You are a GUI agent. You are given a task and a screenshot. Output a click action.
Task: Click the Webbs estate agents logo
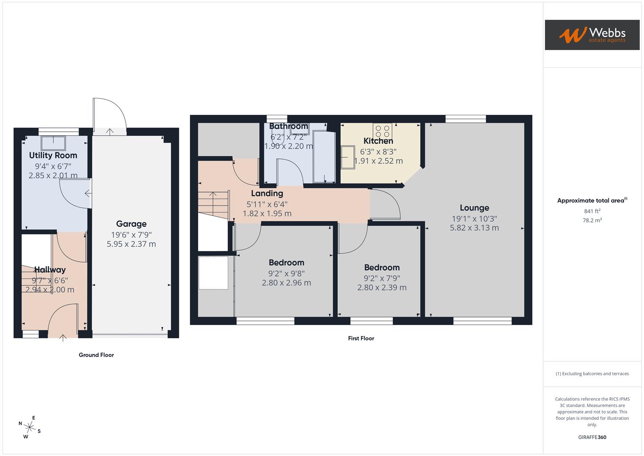(x=592, y=35)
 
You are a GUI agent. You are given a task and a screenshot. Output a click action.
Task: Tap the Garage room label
(x=131, y=224)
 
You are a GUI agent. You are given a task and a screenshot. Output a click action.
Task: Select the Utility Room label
(x=53, y=155)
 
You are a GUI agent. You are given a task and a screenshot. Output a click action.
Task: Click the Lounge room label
(x=474, y=208)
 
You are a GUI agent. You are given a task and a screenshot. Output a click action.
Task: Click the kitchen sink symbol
(x=348, y=157)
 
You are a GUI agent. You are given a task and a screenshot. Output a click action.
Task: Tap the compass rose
(x=29, y=427)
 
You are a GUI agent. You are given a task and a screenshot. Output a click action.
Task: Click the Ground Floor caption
(x=96, y=355)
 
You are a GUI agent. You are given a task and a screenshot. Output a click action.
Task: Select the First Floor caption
(x=361, y=338)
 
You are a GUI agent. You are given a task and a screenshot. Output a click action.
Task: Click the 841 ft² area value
(x=592, y=211)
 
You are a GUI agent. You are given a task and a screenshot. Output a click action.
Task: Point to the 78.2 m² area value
(x=592, y=220)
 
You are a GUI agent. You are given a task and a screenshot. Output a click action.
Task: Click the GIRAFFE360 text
(x=592, y=437)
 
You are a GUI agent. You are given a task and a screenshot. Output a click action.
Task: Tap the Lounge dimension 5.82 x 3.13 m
(x=474, y=228)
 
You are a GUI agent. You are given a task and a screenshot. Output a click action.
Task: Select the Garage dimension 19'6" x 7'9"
(x=131, y=235)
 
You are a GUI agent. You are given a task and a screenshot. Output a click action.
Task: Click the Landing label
(x=267, y=193)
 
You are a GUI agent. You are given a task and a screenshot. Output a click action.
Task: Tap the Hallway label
(x=50, y=269)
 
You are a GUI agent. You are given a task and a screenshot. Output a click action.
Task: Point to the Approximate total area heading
(x=592, y=201)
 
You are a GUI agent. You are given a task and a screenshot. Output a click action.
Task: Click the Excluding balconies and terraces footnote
(x=592, y=374)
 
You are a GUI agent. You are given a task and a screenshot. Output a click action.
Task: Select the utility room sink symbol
(x=53, y=143)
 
